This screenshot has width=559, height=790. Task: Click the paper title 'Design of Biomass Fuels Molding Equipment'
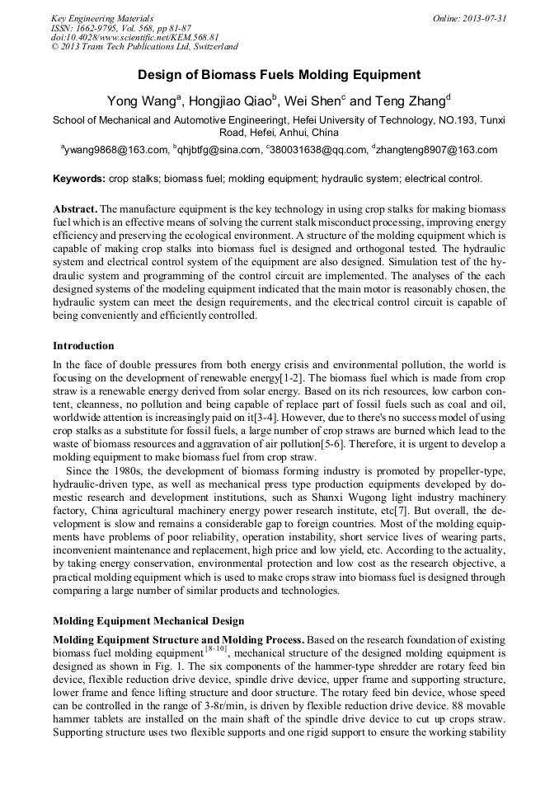point(279,75)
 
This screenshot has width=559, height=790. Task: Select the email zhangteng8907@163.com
point(437,151)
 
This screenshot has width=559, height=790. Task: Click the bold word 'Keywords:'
point(79,179)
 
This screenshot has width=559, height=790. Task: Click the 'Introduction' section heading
point(83,345)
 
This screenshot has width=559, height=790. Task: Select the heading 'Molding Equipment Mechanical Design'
point(143,620)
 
